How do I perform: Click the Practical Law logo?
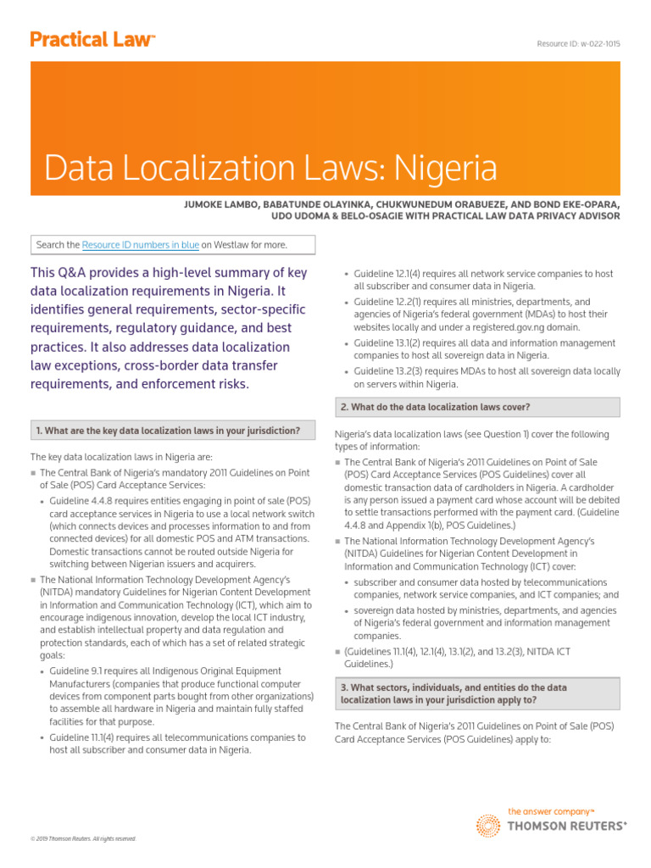coord(92,40)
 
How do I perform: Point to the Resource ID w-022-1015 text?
coord(578,43)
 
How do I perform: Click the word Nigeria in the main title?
coord(446,168)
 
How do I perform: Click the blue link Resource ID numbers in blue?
coord(141,245)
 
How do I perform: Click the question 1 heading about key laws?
coord(168,431)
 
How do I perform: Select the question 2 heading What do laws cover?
coord(436,407)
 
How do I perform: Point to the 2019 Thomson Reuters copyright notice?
coord(83,838)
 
